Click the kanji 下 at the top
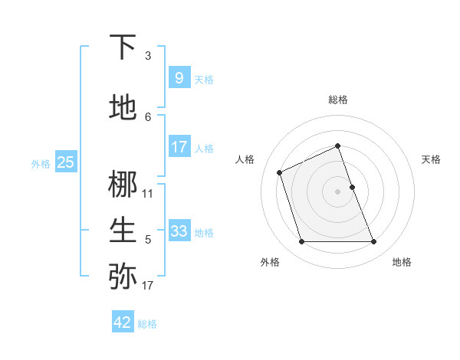(x=123, y=47)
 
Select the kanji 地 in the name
(x=123, y=108)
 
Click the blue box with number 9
(x=179, y=77)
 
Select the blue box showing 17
(x=179, y=146)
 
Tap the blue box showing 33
(x=179, y=231)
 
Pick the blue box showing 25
(x=65, y=162)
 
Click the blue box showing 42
(x=123, y=322)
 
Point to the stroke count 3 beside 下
(x=148, y=56)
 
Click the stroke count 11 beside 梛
(x=148, y=194)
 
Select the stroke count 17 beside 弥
(x=148, y=286)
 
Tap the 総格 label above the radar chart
(x=338, y=100)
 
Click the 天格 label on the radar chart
(x=431, y=159)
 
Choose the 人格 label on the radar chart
(x=245, y=159)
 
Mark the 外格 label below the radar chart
(x=270, y=262)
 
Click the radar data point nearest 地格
(x=374, y=242)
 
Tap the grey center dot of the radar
(x=338, y=191)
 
